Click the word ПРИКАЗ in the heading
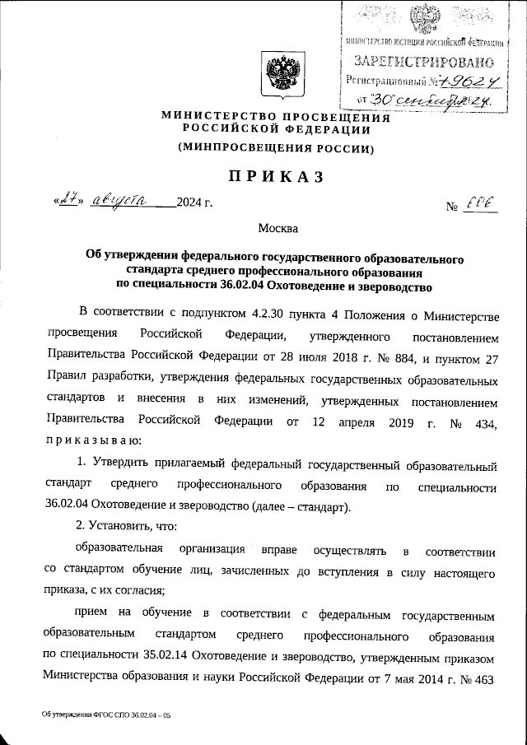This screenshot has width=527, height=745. click(271, 177)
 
